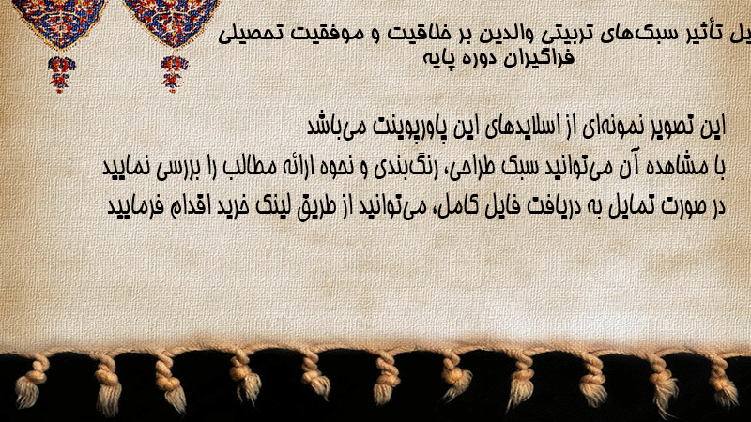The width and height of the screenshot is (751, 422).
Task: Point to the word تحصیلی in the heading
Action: tap(250, 35)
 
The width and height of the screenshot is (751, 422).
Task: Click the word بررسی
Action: tap(178, 168)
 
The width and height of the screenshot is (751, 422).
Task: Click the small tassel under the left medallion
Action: tap(60, 74)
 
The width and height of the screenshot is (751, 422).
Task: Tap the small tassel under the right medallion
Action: tap(174, 73)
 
